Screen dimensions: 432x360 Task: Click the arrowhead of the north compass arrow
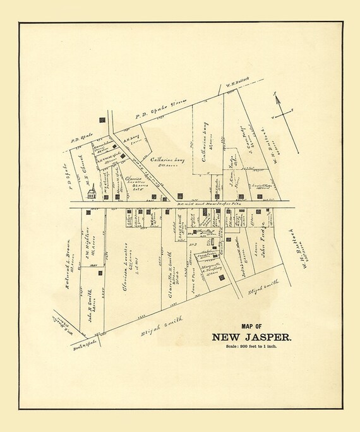(x=276, y=94)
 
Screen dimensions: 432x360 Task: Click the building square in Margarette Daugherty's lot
(x=221, y=277)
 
